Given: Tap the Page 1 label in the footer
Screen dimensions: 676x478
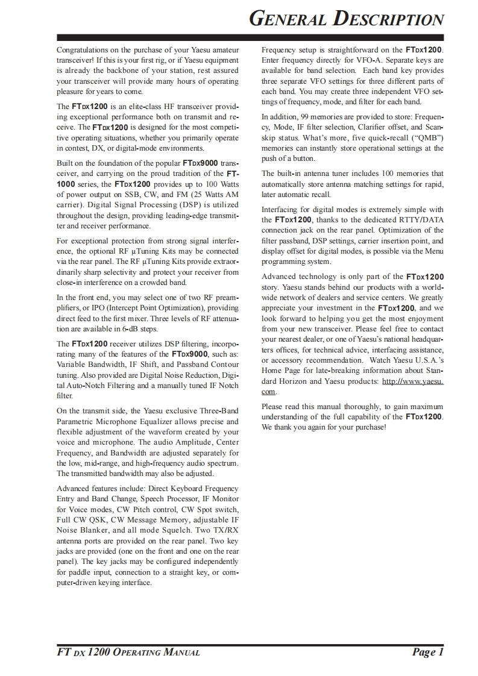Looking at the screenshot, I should [428, 652].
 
